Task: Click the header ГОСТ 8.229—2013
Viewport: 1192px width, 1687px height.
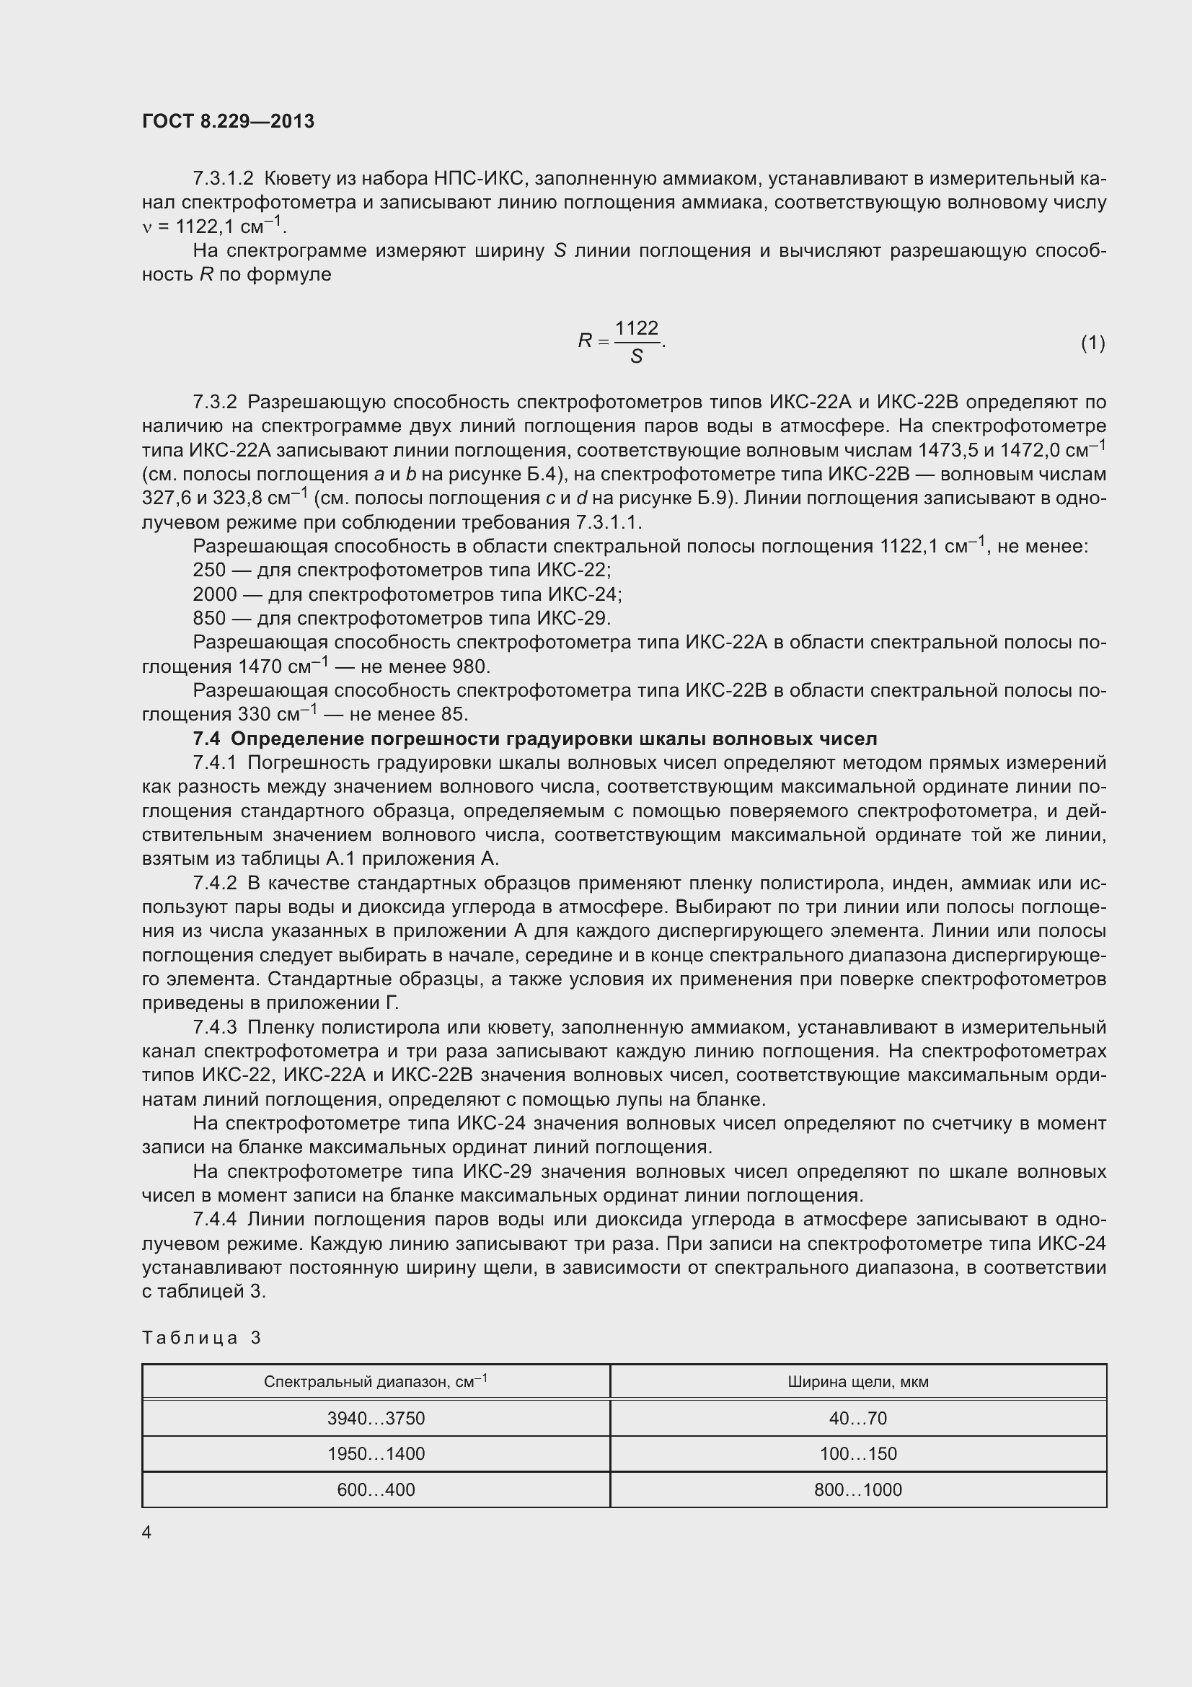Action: (228, 121)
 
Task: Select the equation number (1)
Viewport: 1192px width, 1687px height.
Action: (1092, 343)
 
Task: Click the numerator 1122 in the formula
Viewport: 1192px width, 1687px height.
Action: (636, 327)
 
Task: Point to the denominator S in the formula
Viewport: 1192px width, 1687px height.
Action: (636, 356)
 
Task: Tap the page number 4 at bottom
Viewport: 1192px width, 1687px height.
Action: (147, 1531)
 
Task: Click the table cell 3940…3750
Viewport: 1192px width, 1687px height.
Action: (376, 1417)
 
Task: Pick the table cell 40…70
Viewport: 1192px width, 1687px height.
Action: (858, 1417)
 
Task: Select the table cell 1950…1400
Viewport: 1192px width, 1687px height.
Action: (376, 1453)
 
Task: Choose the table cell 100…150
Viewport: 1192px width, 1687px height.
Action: (858, 1453)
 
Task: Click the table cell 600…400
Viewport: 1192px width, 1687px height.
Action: (376, 1489)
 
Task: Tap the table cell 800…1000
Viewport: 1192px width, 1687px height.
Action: (858, 1489)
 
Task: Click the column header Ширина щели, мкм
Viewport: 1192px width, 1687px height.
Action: (858, 1381)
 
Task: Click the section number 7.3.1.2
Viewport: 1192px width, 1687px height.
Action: (223, 179)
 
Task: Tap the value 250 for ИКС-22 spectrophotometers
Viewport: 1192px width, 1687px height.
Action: (208, 571)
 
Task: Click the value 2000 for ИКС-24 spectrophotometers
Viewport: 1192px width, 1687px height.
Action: (214, 594)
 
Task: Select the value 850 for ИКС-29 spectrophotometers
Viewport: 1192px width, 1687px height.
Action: (208, 618)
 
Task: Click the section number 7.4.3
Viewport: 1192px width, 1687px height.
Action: (214, 1027)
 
